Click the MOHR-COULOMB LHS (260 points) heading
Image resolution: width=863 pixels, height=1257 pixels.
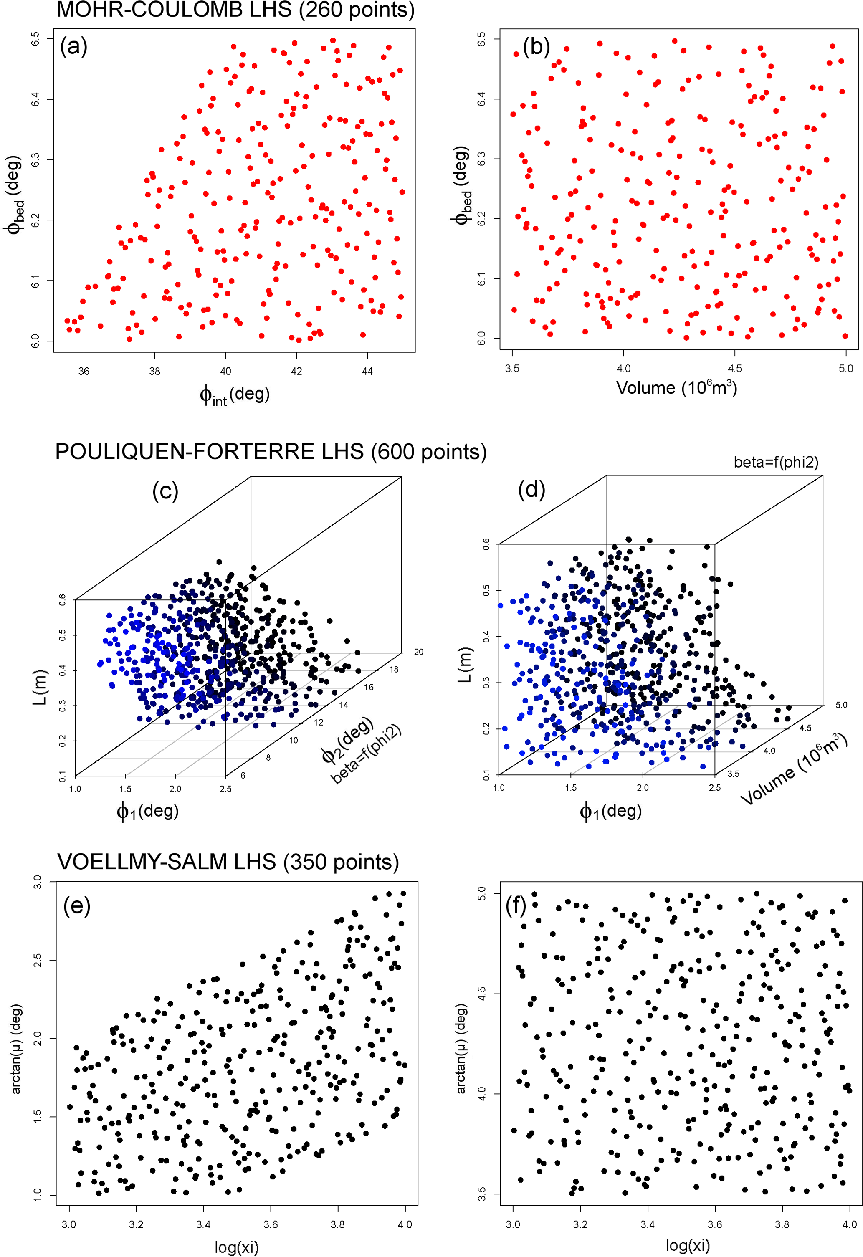[x=235, y=10]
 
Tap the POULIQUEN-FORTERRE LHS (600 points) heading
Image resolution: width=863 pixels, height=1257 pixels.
[x=271, y=452]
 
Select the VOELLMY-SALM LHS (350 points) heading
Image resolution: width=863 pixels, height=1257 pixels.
[x=228, y=862]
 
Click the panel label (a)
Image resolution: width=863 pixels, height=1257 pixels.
[x=73, y=46]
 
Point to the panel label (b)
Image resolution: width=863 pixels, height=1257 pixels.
[x=536, y=46]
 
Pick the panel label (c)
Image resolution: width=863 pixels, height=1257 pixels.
[x=165, y=491]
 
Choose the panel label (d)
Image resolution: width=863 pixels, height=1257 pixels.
[x=531, y=490]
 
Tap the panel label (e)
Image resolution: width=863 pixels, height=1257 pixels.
[x=77, y=905]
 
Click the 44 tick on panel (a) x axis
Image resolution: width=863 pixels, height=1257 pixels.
[x=367, y=371]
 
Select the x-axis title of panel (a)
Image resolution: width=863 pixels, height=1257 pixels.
[x=234, y=395]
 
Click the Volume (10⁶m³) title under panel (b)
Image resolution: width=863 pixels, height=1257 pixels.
[x=676, y=387]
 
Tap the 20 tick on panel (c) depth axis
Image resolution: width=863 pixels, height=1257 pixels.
[x=418, y=652]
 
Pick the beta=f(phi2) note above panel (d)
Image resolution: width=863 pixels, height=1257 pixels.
[x=776, y=463]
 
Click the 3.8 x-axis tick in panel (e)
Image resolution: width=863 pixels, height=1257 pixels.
[x=338, y=1224]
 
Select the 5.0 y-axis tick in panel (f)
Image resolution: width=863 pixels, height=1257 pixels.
[x=481, y=893]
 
